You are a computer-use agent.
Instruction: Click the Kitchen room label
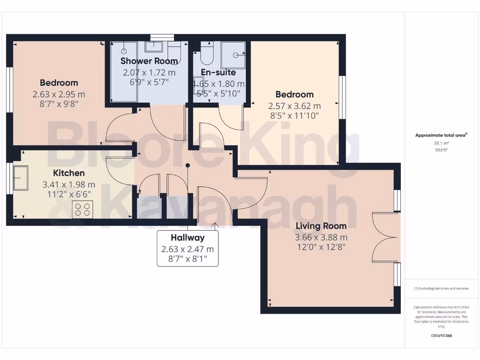69,173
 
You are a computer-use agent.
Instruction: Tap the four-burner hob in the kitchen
82,209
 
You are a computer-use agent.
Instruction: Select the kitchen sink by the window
21,178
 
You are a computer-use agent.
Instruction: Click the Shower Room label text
149,61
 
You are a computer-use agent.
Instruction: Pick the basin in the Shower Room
153,46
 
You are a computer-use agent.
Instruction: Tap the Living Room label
321,226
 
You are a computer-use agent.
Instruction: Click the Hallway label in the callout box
187,238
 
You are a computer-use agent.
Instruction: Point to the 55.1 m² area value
442,143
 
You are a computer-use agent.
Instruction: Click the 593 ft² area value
442,150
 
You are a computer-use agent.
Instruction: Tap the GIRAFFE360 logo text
441,336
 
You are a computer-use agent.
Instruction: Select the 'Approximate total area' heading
441,135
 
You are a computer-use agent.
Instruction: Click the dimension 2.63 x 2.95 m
59,94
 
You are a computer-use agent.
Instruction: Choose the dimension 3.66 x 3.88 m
321,237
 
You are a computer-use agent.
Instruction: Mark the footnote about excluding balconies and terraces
441,288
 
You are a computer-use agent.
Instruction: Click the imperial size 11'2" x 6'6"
69,194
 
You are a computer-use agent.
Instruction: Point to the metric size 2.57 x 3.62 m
294,106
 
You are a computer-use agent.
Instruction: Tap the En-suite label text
218,73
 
